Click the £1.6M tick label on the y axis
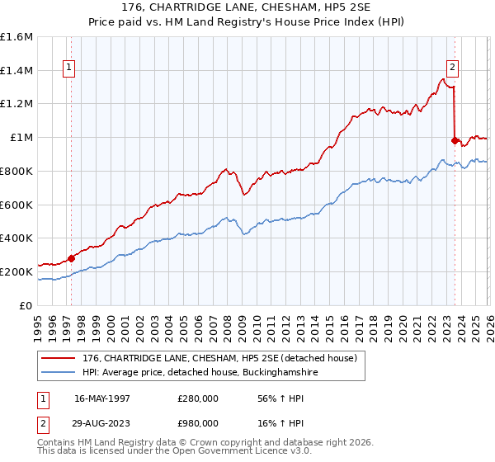pyautogui.click(x=17, y=37)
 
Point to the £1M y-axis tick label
pyautogui.click(x=22, y=138)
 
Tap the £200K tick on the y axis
pyautogui.click(x=17, y=271)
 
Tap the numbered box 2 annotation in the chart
pyautogui.click(x=453, y=68)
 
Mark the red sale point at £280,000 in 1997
pyautogui.click(x=71, y=258)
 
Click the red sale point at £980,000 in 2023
pyautogui.click(x=455, y=141)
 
